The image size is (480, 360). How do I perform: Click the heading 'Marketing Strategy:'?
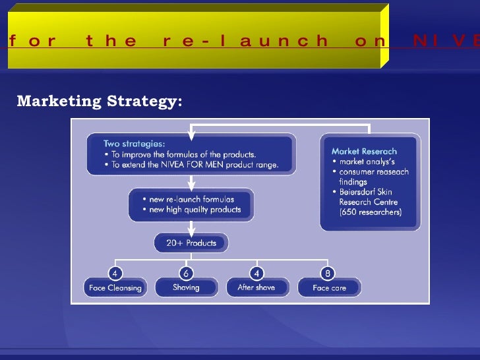point(99,102)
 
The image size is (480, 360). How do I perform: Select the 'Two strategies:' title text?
point(135,143)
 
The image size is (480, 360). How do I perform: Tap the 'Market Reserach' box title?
point(364,151)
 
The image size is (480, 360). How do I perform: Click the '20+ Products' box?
point(191,243)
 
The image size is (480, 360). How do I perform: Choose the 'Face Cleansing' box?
point(115,287)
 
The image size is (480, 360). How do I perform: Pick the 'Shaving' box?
point(186,287)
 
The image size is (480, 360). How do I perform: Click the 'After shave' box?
point(256,287)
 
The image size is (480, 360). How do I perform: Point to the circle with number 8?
point(327,272)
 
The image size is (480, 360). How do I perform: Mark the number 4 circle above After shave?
point(256,272)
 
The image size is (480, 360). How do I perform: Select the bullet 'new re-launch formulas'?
point(191,199)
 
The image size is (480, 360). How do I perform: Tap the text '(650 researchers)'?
point(370,212)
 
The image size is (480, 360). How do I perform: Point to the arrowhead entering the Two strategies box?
point(191,136)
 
